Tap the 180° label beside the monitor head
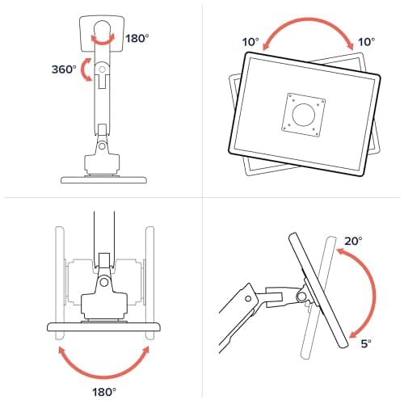[138, 37]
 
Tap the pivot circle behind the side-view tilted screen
[301, 297]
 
